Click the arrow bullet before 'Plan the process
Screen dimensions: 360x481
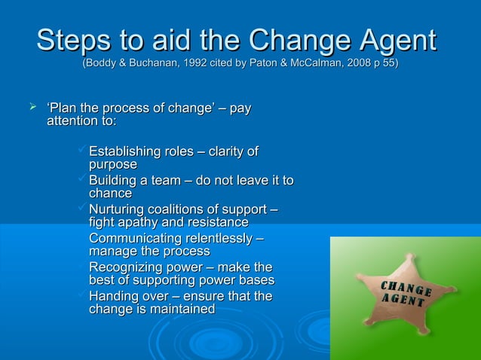click(32, 111)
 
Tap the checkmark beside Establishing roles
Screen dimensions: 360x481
click(82, 152)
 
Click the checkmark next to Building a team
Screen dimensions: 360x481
click(82, 181)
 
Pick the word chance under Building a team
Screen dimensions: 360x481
click(110, 194)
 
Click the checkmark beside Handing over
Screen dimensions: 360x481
click(82, 296)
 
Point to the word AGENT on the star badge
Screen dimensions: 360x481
click(403, 304)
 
